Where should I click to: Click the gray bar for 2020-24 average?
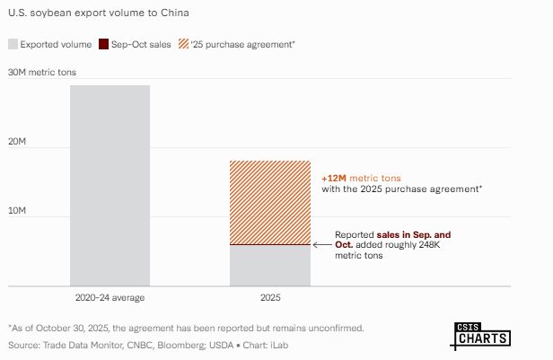tap(110, 185)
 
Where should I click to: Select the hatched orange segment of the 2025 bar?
tap(270, 202)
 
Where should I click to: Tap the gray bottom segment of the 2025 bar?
tap(270, 266)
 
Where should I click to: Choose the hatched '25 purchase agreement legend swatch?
tap(182, 43)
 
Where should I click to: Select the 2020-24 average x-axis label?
tap(110, 297)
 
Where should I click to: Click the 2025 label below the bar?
tap(270, 297)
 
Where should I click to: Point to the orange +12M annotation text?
tap(334, 178)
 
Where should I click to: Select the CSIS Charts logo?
tap(480, 334)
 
